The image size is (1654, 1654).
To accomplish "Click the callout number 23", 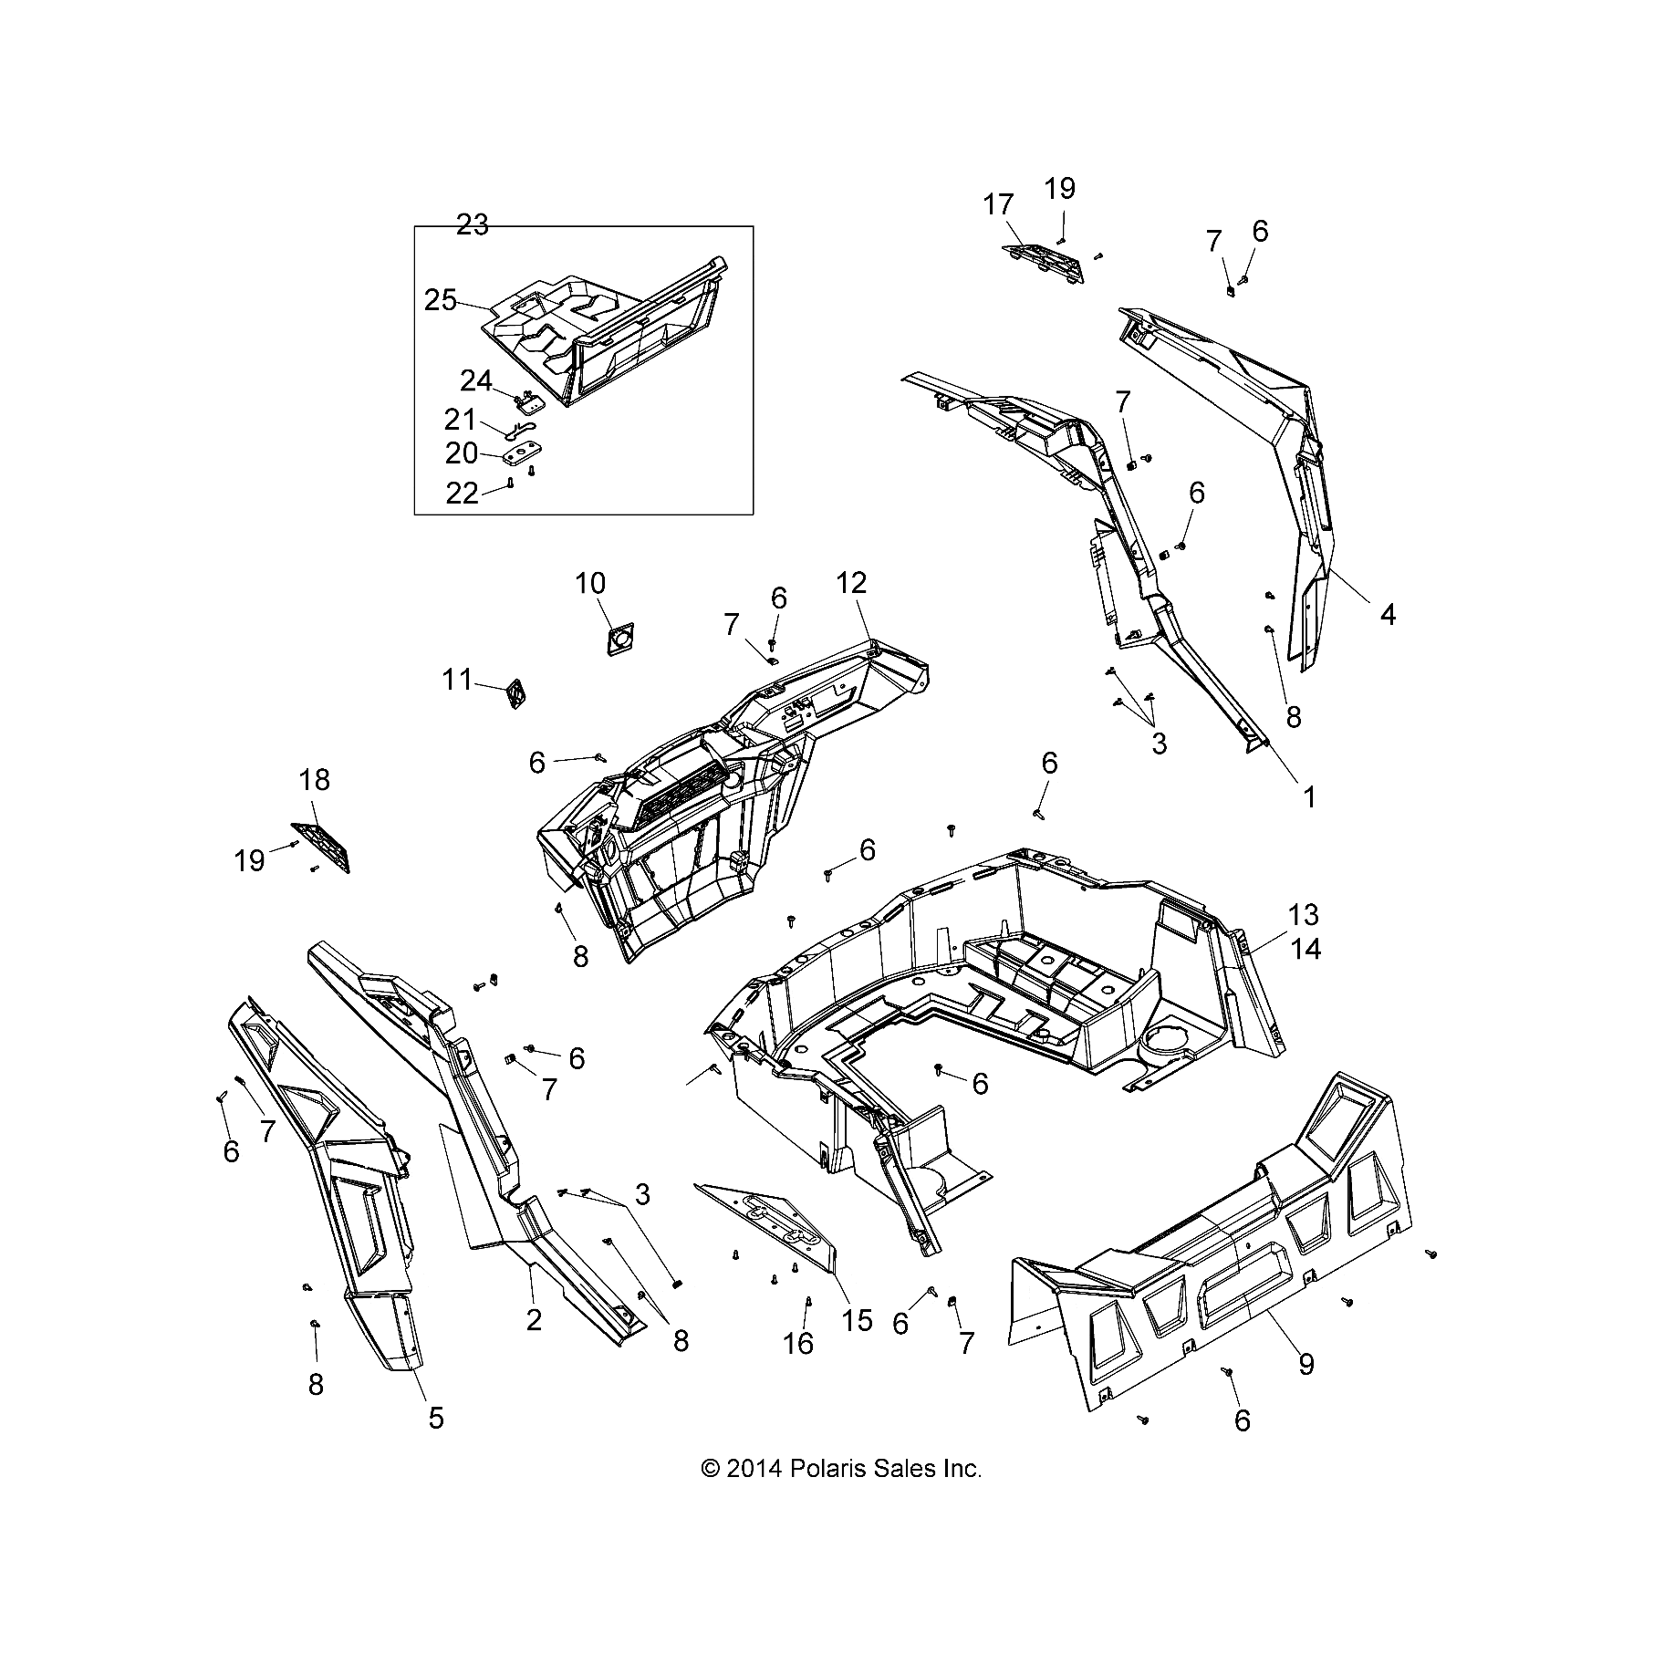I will [x=473, y=224].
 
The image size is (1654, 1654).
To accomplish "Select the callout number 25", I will [x=441, y=300].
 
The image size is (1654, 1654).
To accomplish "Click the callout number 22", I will [x=462, y=494].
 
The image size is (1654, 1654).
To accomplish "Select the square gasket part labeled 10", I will [x=619, y=638].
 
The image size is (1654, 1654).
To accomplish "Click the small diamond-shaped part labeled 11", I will [x=517, y=694].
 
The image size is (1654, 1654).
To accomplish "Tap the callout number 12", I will [x=850, y=583].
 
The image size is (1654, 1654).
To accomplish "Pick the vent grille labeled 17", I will [x=1045, y=264].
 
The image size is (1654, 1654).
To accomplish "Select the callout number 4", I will [x=1387, y=615].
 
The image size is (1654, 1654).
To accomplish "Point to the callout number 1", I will [x=1309, y=796].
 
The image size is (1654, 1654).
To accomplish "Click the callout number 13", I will [x=1305, y=915].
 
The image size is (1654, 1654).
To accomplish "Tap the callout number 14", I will [x=1306, y=950].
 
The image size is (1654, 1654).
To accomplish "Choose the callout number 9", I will [x=1306, y=1365].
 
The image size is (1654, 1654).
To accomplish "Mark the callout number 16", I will [x=798, y=1344].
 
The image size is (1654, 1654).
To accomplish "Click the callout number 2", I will [x=534, y=1319].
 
